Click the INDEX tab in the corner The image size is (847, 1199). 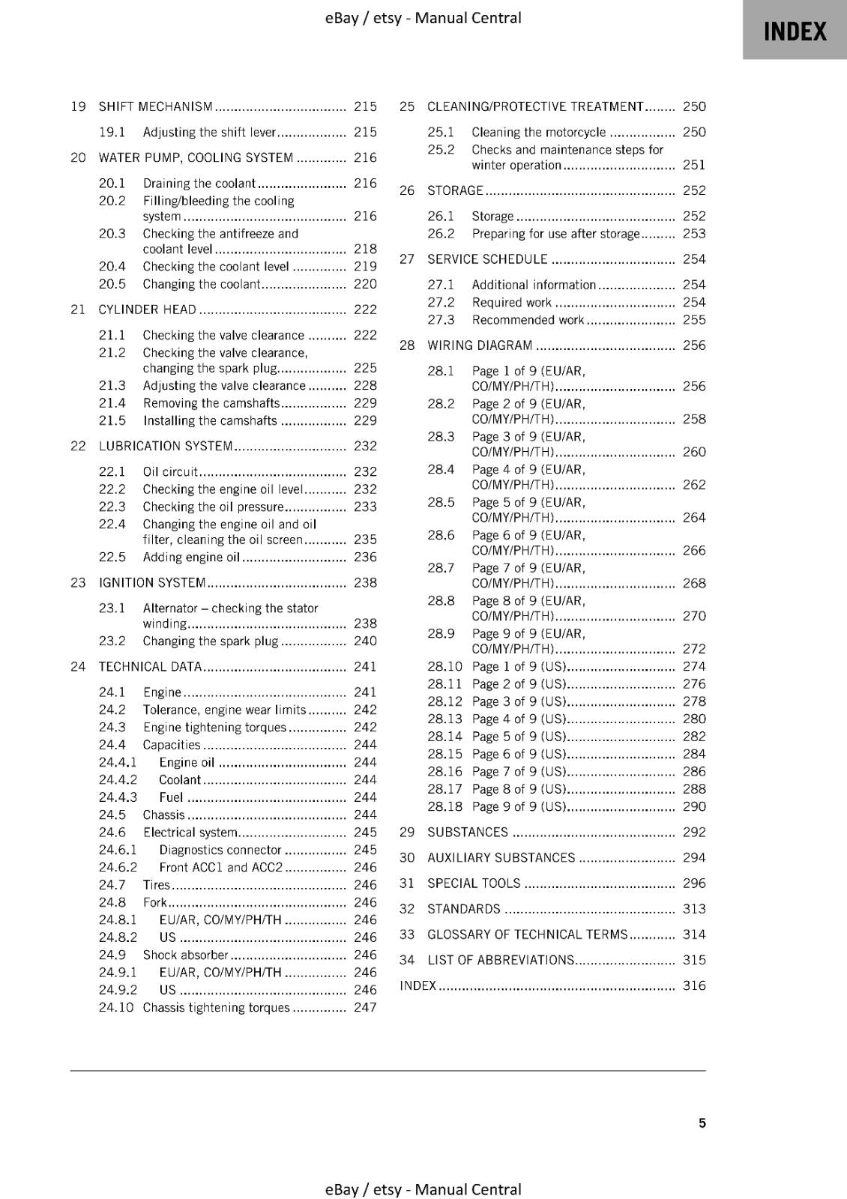point(795,31)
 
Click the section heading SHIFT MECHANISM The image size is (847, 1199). point(156,107)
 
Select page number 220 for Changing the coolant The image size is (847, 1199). point(365,284)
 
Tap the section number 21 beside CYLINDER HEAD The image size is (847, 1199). point(78,309)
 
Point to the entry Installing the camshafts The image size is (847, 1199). point(210,421)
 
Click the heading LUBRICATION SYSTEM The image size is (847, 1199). point(166,447)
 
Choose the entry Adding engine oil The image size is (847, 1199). point(191,558)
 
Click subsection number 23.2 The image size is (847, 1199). point(112,641)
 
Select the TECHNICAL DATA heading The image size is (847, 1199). point(150,667)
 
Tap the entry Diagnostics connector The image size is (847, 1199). point(220,851)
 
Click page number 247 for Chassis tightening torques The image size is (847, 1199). point(365,1008)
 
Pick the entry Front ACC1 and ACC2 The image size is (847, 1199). point(220,868)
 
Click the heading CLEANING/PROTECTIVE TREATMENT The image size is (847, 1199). point(535,107)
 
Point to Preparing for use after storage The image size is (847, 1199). point(555,234)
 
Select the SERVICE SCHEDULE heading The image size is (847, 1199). point(487,259)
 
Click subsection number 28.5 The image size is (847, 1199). point(441,503)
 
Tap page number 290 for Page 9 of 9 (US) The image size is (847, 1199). point(694,807)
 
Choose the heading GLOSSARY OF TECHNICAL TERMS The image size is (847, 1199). point(527,934)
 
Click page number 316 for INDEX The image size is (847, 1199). point(694,986)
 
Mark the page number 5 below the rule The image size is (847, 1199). point(702,1123)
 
